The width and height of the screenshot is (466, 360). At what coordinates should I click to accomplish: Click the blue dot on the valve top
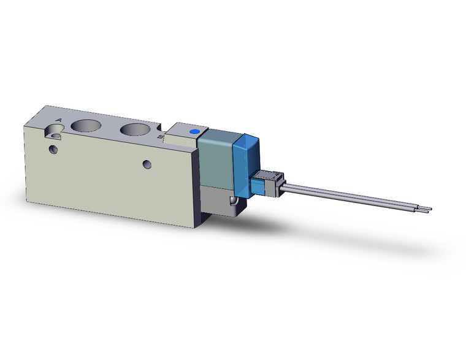195,132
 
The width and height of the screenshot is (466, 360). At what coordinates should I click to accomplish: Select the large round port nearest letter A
85,126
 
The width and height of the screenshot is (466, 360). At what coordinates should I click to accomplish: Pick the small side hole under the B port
147,164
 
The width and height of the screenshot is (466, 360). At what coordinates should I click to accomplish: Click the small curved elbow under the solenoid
232,201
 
